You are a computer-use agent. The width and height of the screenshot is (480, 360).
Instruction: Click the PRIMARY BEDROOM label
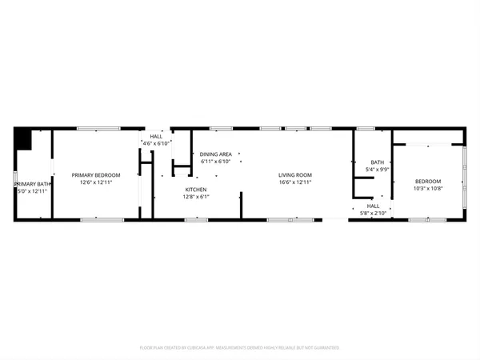point(96,175)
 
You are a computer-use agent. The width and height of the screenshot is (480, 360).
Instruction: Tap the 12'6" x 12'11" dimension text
point(96,182)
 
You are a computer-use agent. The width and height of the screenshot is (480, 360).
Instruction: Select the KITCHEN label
point(196,190)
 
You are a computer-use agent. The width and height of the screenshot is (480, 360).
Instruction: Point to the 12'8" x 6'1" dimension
point(196,197)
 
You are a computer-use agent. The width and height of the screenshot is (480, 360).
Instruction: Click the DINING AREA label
point(216,154)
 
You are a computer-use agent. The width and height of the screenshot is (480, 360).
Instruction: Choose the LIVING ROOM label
point(295,175)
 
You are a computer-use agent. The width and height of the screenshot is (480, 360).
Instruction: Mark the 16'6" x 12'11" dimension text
point(295,182)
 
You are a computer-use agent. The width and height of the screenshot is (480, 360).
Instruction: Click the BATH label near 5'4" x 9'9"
point(377,162)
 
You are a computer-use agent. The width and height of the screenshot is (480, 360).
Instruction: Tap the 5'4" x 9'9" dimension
point(377,170)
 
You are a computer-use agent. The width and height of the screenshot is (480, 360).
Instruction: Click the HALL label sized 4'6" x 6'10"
point(156,137)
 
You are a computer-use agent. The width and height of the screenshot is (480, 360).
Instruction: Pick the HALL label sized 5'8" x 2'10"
point(373,206)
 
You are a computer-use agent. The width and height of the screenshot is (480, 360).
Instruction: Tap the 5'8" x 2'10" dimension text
point(373,213)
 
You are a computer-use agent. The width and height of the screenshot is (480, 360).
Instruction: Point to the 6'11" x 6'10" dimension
point(216,161)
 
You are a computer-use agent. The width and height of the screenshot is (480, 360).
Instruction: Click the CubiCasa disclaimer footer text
point(240,348)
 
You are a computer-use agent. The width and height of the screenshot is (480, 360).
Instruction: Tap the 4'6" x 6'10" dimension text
point(156,144)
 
